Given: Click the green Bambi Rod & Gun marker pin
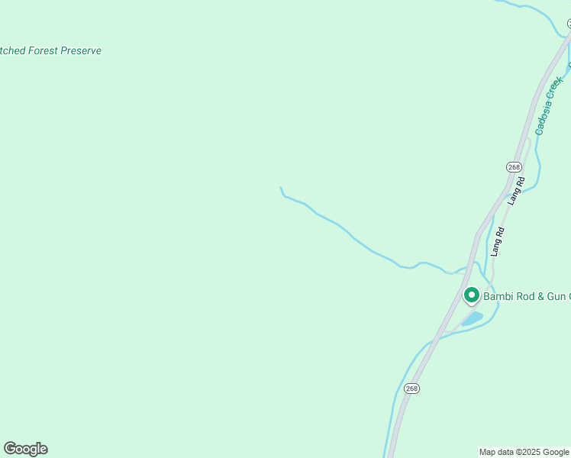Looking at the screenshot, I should [x=472, y=295].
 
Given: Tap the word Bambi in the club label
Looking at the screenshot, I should [x=498, y=295].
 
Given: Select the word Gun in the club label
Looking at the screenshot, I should [x=556, y=295].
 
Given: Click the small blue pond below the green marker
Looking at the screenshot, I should [x=473, y=318].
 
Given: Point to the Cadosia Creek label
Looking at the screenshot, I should [x=550, y=105].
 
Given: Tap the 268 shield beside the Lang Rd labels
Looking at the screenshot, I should [x=514, y=167].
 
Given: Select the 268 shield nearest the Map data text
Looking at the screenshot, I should [x=411, y=389].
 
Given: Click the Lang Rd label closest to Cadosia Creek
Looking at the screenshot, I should [x=517, y=192].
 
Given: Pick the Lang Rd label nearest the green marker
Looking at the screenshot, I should [x=497, y=242].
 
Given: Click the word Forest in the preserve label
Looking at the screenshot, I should [x=48, y=51].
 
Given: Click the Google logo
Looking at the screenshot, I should [x=25, y=449].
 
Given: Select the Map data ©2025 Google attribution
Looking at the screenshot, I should [x=524, y=452].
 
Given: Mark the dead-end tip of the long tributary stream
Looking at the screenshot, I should [x=281, y=188].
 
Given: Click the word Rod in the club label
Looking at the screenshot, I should [x=525, y=295].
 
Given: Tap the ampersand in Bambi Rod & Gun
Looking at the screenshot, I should [x=540, y=295].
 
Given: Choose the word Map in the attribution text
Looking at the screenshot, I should [x=487, y=452].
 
